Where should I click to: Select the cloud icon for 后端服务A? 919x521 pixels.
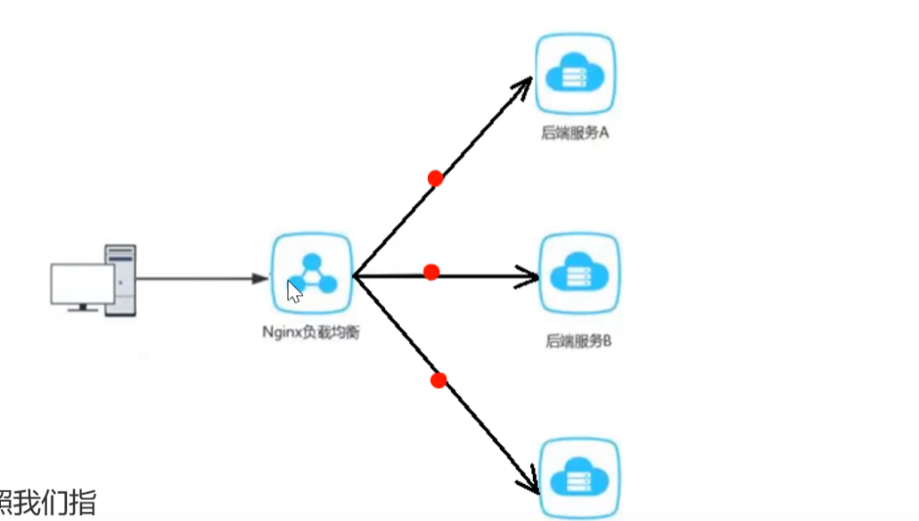[x=575, y=74]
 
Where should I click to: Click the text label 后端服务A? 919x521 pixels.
[x=575, y=133]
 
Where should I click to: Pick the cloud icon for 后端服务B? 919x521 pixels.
[x=579, y=274]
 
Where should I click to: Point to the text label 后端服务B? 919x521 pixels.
[x=578, y=342]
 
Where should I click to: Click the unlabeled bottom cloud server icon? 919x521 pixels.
[x=579, y=477]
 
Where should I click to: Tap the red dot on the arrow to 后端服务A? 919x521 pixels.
[x=436, y=178]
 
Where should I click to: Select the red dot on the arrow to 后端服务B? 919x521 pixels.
[x=432, y=272]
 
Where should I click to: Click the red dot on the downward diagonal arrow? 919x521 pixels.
[x=439, y=380]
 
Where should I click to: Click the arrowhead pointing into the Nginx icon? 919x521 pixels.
[x=259, y=279]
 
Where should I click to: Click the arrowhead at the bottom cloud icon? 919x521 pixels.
[x=531, y=481]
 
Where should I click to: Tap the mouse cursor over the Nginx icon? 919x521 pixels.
[x=293, y=291]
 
